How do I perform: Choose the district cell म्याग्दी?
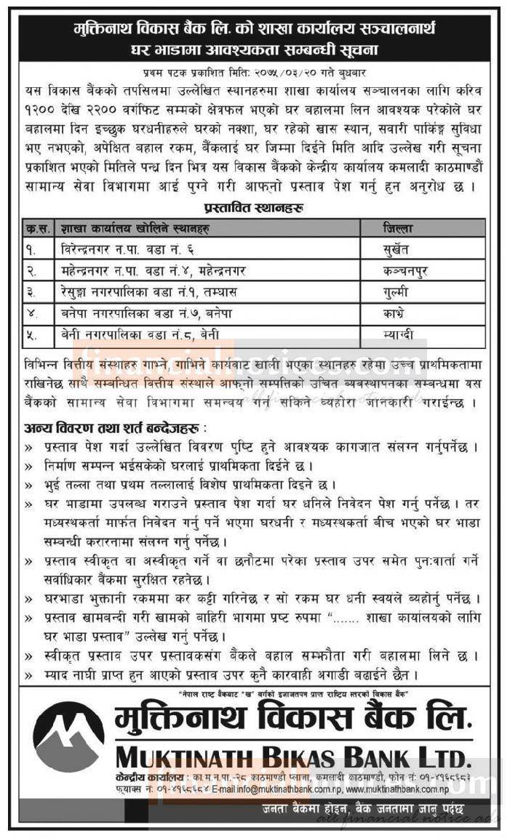click(x=401, y=334)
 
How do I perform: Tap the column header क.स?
click(x=34, y=227)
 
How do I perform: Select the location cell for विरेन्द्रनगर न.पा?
click(x=132, y=249)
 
